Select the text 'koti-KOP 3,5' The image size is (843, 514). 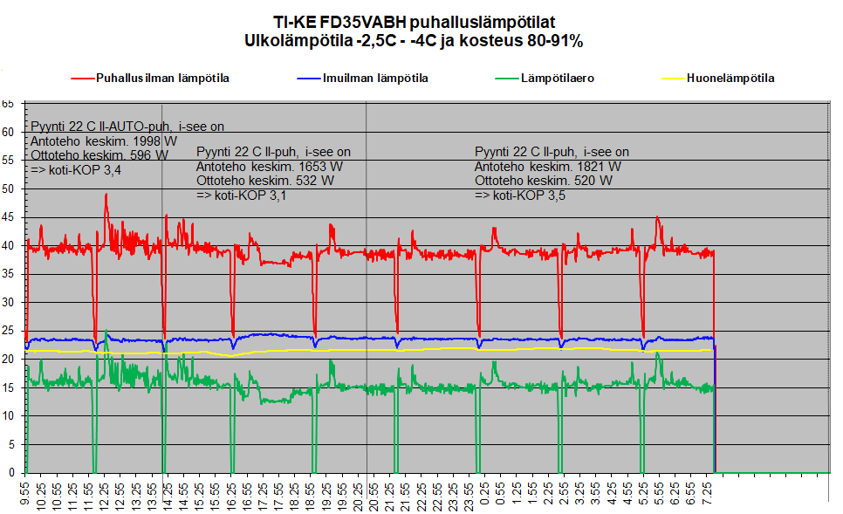[x=527, y=195]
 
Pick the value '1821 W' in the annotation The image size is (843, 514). [x=593, y=166]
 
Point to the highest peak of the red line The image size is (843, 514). [x=106, y=195]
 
